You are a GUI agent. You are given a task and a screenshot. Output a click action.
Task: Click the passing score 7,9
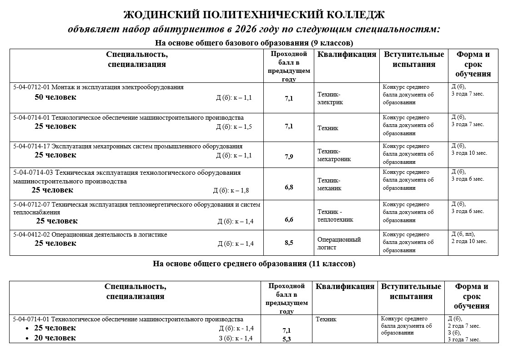[289, 157]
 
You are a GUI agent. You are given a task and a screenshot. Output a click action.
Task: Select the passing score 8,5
[289, 243]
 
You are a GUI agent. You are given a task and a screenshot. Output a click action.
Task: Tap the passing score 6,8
[289, 187]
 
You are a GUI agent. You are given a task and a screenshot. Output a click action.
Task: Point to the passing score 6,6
[289, 220]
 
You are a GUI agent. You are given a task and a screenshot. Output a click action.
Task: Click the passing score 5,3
[287, 339]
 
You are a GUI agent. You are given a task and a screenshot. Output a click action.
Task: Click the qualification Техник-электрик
[330, 98]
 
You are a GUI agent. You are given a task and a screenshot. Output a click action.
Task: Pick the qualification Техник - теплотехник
[335, 216]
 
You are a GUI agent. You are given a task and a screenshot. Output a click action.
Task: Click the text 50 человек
[55, 97]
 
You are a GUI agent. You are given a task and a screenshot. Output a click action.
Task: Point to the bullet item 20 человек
[55, 338]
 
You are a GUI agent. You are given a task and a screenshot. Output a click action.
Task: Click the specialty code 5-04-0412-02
[32, 235]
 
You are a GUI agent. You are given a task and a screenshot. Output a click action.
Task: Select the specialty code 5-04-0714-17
[32, 147]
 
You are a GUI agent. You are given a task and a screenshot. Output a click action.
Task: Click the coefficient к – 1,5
[242, 127]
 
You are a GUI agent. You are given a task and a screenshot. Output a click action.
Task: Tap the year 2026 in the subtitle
[245, 29]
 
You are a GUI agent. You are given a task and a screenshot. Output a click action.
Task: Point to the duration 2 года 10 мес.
[469, 241]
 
